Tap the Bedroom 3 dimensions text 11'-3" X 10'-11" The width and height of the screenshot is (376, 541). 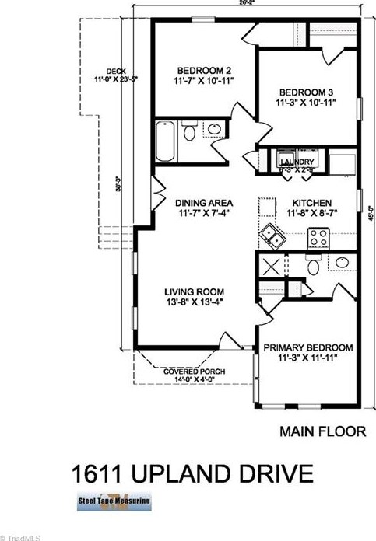point(305,101)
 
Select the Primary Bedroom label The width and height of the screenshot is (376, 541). point(307,347)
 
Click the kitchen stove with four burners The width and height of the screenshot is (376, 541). point(318,236)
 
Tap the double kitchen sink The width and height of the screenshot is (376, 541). point(272,232)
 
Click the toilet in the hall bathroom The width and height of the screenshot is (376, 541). point(189,133)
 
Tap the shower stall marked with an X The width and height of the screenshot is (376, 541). point(272,265)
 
